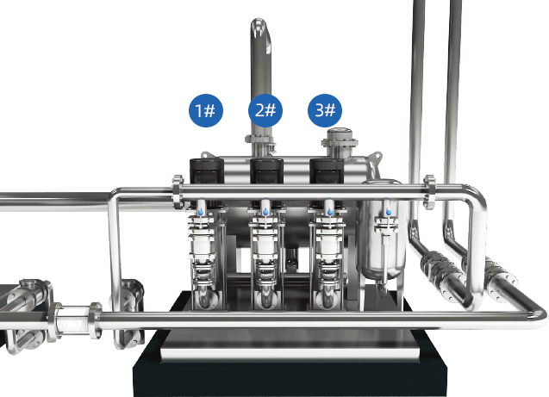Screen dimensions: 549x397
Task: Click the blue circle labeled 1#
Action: [205, 110]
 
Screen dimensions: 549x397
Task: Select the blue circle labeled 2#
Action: [265, 110]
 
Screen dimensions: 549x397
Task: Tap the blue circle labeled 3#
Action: [325, 110]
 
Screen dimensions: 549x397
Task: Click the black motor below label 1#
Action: [207, 171]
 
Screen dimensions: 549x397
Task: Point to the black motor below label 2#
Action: [266, 171]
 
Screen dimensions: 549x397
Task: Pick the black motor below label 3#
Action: [327, 171]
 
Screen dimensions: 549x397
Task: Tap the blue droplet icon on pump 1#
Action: [201, 213]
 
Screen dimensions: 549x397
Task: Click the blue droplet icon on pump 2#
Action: [265, 212]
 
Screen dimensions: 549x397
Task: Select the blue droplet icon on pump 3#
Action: [330, 212]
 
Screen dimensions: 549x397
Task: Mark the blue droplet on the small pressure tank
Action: [389, 212]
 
